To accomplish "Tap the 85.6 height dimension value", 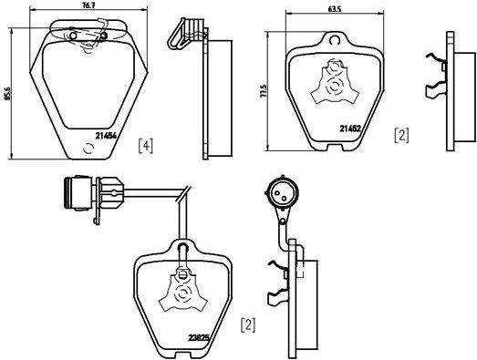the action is [x=8, y=93].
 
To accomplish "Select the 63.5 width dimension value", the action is [x=335, y=9].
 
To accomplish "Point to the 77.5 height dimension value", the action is [x=264, y=91].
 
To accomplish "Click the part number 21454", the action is [x=106, y=136].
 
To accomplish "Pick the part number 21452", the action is [x=350, y=129].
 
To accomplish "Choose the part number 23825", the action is [x=199, y=337].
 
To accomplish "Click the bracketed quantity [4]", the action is [x=146, y=146].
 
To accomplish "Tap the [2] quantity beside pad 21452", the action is [x=401, y=135].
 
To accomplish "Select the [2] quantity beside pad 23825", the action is [x=248, y=325].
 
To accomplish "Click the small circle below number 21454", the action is [x=88, y=149].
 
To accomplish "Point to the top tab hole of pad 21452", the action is [x=335, y=40].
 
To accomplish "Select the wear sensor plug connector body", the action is [x=78, y=193].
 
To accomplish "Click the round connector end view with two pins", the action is [x=282, y=193].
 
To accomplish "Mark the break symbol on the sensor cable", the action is [x=183, y=194].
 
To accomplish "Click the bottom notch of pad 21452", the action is [x=335, y=148].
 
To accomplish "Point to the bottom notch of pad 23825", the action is [x=183, y=355].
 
